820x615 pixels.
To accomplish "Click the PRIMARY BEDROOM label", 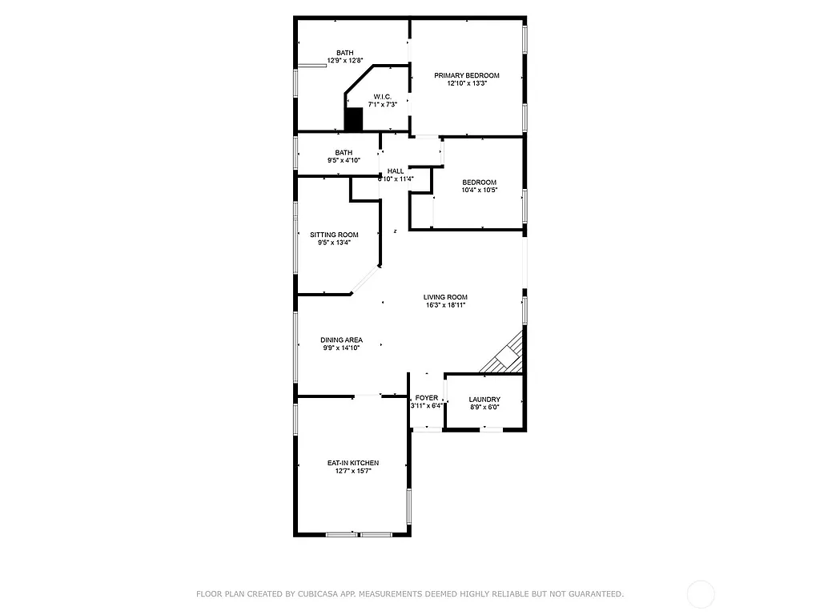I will tap(467, 75).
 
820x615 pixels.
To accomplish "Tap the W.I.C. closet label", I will tap(382, 96).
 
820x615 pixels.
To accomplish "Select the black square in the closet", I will tap(354, 119).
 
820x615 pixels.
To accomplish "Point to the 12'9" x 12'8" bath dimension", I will tap(345, 61).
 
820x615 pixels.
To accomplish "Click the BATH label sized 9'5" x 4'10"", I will tap(344, 152).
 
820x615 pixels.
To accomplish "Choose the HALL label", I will tap(396, 171).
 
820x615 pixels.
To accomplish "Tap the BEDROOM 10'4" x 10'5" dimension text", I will tap(479, 191).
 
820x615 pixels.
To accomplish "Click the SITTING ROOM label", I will tap(334, 235).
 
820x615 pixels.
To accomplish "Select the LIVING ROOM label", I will tap(445, 297).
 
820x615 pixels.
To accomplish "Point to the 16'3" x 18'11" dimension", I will tap(445, 305).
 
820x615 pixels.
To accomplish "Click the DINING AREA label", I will tap(342, 340).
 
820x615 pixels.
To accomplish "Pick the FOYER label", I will tap(427, 398).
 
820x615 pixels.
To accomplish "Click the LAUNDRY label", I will tap(484, 400).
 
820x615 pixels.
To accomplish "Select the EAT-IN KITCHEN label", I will tap(353, 463).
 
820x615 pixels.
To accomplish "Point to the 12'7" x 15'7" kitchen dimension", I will tap(353, 472).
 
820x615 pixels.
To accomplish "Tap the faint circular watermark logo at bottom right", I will tap(701, 593).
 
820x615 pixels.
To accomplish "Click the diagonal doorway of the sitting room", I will tap(365, 280).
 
